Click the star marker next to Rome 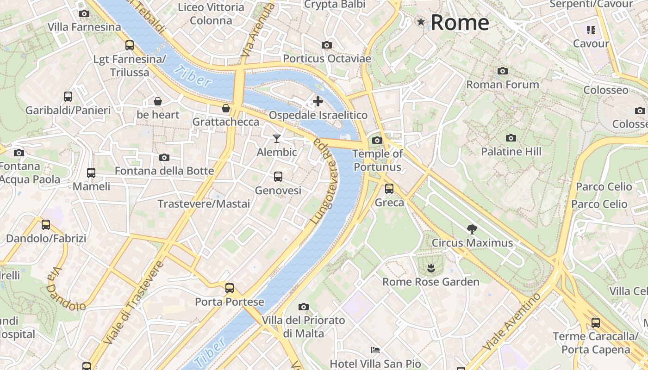[x=421, y=22]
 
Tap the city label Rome [x=460, y=22]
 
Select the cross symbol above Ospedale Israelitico [x=318, y=101]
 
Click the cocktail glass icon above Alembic [x=277, y=138]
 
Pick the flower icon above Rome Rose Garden [x=431, y=267]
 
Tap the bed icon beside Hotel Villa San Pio [x=375, y=350]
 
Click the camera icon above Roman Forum [x=503, y=71]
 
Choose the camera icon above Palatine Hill [x=511, y=138]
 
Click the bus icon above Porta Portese [x=230, y=288]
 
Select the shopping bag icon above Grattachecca [x=226, y=108]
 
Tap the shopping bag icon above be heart [x=158, y=101]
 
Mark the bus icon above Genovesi [x=278, y=176]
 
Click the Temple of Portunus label [x=378, y=160]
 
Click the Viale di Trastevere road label [x=133, y=303]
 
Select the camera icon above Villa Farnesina [x=84, y=13]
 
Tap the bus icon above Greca [x=389, y=188]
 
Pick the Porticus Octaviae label [x=327, y=59]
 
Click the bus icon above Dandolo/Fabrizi [x=46, y=225]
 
